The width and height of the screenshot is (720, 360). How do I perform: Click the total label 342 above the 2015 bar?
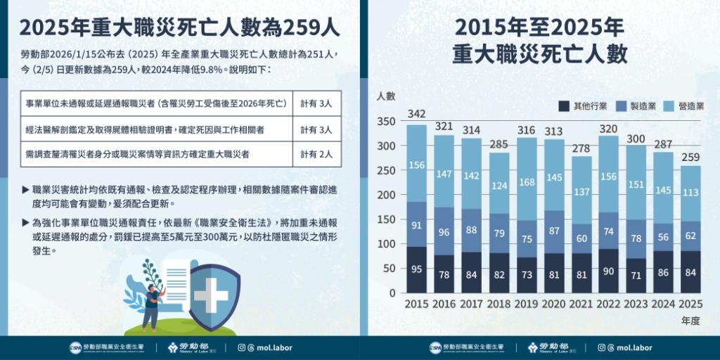tap(417, 115)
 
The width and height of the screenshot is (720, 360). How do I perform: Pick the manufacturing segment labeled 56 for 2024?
tap(664, 237)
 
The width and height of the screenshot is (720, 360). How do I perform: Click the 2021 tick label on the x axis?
tap(581, 304)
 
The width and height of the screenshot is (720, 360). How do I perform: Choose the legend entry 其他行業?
tap(584, 106)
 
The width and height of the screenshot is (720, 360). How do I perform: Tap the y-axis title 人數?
tap(386, 96)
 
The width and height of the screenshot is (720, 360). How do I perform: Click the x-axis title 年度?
tap(691, 321)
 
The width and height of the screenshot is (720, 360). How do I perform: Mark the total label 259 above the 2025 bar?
tap(691, 155)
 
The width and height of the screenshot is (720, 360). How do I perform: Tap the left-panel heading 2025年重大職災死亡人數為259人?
tap(180, 27)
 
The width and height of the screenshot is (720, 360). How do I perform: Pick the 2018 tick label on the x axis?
tap(499, 304)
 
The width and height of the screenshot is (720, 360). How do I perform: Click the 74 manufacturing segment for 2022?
tap(609, 231)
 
